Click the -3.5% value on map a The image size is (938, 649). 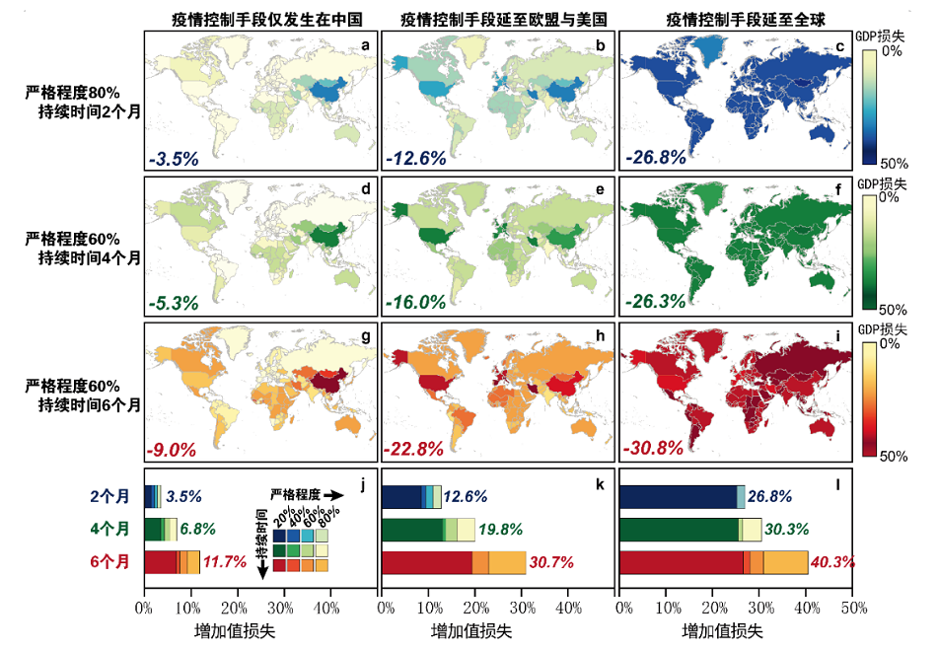(x=175, y=158)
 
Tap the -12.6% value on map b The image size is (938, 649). (x=416, y=158)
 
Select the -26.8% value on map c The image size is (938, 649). (x=655, y=158)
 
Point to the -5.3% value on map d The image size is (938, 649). (x=175, y=302)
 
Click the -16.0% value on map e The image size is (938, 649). (x=416, y=302)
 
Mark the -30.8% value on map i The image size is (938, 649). (x=655, y=448)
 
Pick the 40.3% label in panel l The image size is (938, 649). (x=831, y=562)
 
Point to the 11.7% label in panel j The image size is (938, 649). (x=224, y=562)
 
